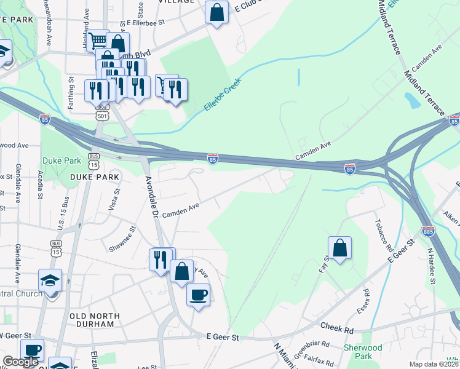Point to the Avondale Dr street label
[152, 197]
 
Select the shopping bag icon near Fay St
[339, 248]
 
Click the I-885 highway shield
[428, 231]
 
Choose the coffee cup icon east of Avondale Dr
[198, 295]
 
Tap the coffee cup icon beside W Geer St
[32, 351]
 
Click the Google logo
[20, 362]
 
